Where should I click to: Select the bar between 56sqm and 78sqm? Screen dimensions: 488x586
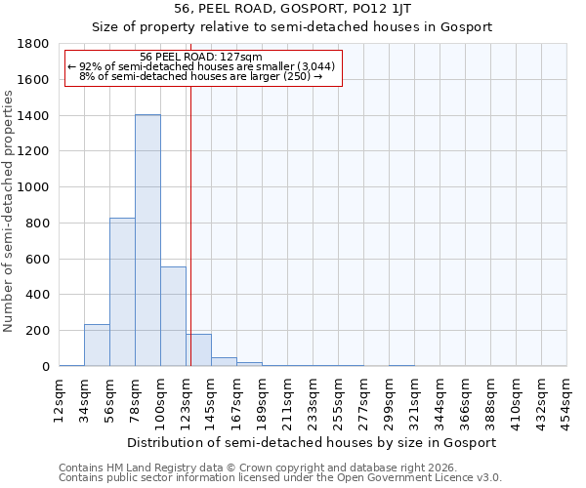pos(122,292)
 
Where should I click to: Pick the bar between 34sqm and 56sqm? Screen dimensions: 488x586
pos(97,346)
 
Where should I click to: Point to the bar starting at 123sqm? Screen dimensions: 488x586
pos(198,350)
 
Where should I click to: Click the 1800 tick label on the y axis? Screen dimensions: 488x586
pos(34,44)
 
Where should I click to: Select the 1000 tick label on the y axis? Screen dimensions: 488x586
pos(34,187)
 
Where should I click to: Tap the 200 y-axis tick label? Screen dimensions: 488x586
pos(38,331)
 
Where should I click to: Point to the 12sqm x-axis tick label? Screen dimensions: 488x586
pos(60,398)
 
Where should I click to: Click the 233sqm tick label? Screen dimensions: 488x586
pos(314,398)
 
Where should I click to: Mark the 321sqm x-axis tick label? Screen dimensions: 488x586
pos(415,398)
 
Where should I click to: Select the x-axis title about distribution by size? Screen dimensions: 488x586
pos(313,442)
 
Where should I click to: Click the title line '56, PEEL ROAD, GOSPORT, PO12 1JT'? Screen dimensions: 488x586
pos(292,9)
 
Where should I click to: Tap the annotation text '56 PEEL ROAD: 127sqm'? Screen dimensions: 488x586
pos(201,57)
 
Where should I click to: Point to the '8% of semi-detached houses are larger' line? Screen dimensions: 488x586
pos(201,76)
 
